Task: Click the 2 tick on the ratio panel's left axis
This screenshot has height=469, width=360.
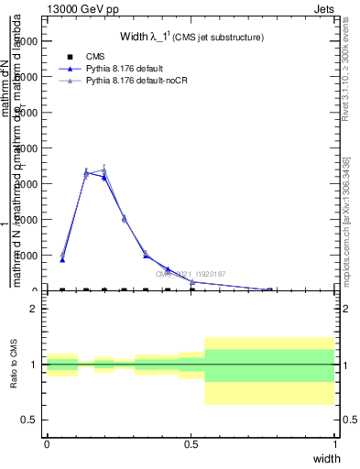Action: pyautogui.click(x=34, y=309)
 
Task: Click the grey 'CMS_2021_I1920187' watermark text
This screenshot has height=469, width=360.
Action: pyautogui.click(x=190, y=273)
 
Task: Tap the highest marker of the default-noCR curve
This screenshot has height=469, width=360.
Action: pyautogui.click(x=104, y=169)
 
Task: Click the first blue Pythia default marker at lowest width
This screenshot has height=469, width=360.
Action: pyautogui.click(x=62, y=259)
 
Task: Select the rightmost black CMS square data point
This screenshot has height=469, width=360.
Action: pyautogui.click(x=269, y=290)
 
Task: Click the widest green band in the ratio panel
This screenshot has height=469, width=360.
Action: pyautogui.click(x=269, y=365)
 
